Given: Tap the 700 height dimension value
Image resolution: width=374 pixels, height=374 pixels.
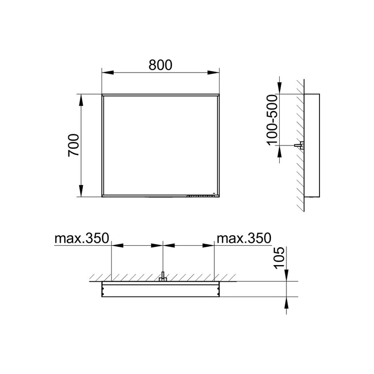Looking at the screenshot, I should [74, 145].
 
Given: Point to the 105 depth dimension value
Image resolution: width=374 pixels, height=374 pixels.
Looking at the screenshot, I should [280, 258].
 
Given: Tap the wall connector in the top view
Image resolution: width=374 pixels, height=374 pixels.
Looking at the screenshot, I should [163, 278].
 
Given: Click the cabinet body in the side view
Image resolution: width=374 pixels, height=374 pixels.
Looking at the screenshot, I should [312, 145].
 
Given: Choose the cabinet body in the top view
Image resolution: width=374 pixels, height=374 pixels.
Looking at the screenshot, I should [160, 289].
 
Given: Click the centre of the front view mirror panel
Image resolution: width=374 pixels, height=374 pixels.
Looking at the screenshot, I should [160, 145].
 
